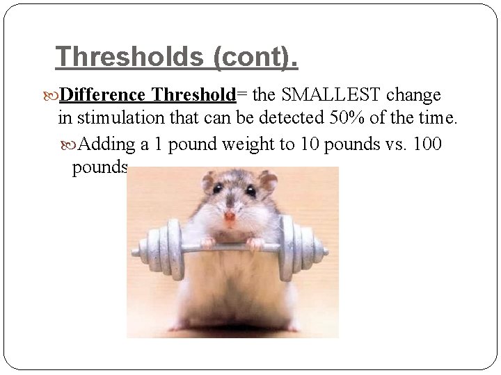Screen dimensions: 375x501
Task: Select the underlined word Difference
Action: tap(102, 94)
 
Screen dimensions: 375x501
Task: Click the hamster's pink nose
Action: tap(230, 215)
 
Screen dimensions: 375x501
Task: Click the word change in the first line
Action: tap(415, 94)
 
